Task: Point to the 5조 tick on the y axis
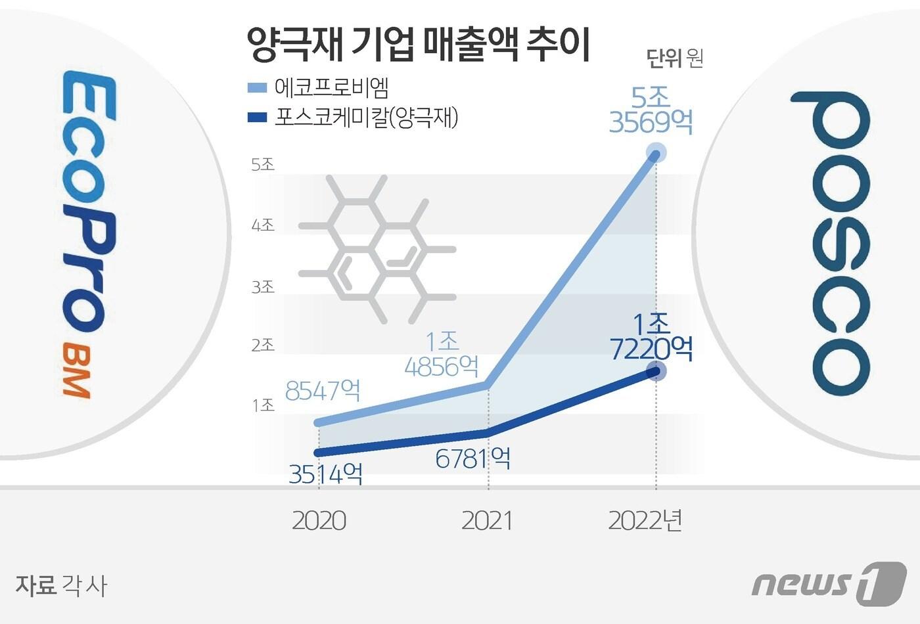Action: [263, 164]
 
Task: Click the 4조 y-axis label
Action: [263, 225]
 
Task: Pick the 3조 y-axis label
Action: [263, 286]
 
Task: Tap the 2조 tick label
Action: [263, 345]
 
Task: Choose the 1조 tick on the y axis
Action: [263, 405]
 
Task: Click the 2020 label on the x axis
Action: [319, 521]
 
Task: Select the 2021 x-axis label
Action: [487, 521]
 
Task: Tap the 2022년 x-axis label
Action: [645, 521]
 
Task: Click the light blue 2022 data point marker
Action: [655, 154]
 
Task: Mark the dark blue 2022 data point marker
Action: [655, 371]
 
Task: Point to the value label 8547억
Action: [323, 391]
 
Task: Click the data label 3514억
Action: [326, 474]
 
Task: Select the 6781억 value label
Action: [473, 458]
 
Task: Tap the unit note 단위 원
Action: [675, 59]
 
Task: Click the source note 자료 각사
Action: [60, 585]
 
